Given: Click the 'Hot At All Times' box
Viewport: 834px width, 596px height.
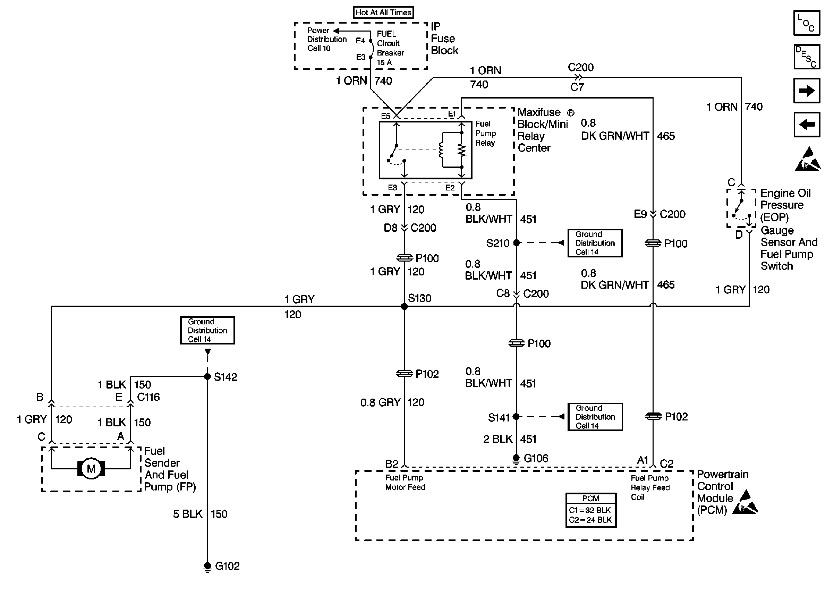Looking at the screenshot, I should [x=383, y=12].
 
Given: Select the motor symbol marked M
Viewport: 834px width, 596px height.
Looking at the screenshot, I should [x=91, y=469].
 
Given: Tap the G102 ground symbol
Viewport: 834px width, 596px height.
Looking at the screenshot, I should [x=207, y=567].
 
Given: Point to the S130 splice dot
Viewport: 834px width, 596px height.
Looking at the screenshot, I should [x=404, y=306].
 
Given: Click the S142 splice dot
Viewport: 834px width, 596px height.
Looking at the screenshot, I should [x=207, y=376].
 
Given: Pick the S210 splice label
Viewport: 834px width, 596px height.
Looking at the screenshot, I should [x=497, y=243].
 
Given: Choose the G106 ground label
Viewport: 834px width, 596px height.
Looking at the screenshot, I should [x=536, y=458].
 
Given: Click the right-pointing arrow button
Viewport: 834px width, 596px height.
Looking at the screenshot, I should [x=807, y=90].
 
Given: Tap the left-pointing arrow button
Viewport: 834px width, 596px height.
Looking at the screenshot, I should [x=807, y=125].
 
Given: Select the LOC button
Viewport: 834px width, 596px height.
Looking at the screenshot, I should [x=807, y=23].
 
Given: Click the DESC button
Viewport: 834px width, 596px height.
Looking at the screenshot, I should [x=807, y=57].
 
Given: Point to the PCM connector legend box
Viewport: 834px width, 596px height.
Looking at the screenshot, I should [x=591, y=510].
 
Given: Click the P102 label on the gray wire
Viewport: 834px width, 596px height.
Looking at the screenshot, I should [x=427, y=374].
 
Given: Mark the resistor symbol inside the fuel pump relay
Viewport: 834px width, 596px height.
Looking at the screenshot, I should [x=462, y=150].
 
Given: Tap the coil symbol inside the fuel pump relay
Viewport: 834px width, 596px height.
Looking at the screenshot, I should [x=441, y=150].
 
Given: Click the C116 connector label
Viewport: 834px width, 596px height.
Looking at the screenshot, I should [x=148, y=397].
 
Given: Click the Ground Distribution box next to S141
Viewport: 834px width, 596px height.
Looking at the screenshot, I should [x=595, y=417].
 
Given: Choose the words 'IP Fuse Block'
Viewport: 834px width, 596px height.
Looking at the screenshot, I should [x=444, y=39].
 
